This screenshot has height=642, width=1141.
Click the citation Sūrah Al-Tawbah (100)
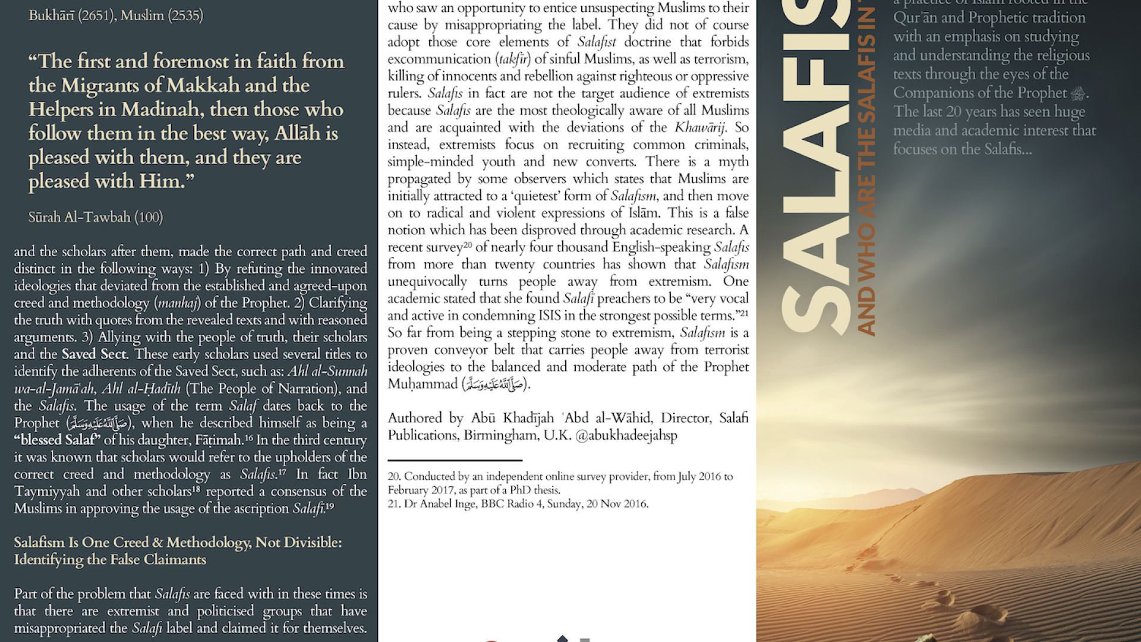[x=96, y=218]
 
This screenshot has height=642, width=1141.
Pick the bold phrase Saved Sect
[x=94, y=354]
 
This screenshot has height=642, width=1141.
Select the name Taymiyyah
[x=51, y=492]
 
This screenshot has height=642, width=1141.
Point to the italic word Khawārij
[x=699, y=128]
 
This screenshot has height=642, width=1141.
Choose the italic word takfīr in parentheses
[x=513, y=59]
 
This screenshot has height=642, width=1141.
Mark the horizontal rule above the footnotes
[x=455, y=461]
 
